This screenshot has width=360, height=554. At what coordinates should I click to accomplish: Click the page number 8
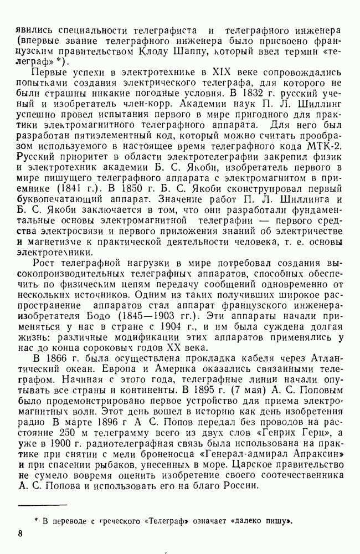20,534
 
